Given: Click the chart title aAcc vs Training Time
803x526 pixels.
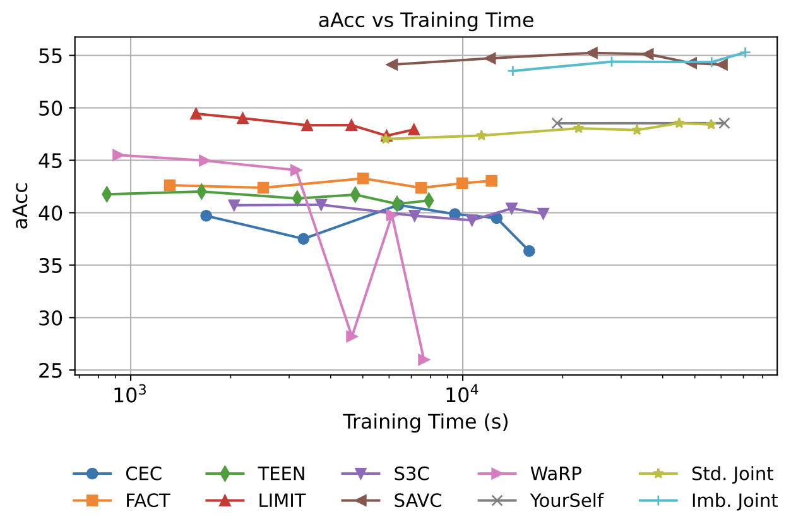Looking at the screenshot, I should click(426, 20).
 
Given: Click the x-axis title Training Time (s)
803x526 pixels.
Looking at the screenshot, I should click(425, 422).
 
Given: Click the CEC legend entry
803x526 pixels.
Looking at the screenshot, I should click(143, 473).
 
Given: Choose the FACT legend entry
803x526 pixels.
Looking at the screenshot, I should click(147, 501).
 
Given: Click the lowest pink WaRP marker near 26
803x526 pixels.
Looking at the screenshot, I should click(424, 360).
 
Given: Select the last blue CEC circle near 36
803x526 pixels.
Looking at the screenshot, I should click(529, 251).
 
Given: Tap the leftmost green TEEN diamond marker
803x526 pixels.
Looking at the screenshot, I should click(107, 194).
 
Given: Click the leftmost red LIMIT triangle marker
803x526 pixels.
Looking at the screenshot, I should click(196, 114).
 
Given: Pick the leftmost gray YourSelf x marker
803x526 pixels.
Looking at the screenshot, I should click(557, 123).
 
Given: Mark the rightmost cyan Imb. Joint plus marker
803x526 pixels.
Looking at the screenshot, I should click(745, 52).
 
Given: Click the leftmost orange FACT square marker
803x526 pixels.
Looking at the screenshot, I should click(169, 185).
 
